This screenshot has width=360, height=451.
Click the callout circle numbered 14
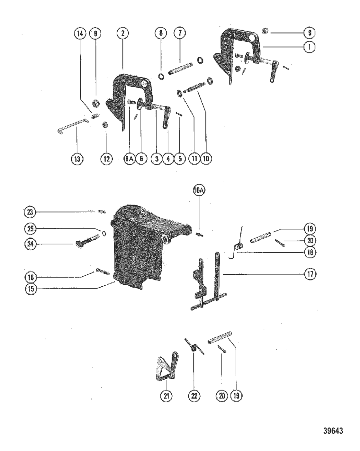point(80,33)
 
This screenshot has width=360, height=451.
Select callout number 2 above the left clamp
point(123,33)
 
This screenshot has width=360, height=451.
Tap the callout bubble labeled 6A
point(129,159)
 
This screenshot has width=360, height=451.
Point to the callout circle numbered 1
point(309,47)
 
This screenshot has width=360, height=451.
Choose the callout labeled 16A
point(199,190)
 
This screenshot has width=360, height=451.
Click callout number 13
point(77,159)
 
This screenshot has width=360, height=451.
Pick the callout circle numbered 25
point(31,229)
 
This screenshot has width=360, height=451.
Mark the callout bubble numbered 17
point(310,274)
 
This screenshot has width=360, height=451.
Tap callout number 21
point(166,396)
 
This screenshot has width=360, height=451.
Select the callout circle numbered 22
point(194,396)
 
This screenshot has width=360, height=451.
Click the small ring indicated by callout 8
point(161,77)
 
